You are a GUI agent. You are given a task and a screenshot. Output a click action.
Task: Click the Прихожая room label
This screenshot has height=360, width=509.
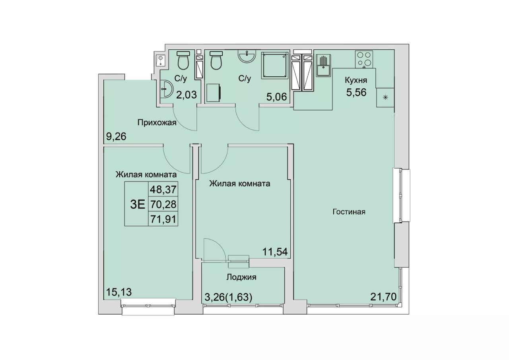coord(157,123)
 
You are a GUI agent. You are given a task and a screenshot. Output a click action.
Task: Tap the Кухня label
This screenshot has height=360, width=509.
coord(356,80)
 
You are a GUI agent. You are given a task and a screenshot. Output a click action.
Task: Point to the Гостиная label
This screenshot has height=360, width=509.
coord(349,212)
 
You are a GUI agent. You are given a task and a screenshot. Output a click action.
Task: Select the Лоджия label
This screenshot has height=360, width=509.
coord(241,277)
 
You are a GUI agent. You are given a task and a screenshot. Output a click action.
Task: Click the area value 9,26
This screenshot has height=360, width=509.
coord(116,137)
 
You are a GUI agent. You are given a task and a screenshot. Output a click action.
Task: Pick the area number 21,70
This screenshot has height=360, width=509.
coord(383,297)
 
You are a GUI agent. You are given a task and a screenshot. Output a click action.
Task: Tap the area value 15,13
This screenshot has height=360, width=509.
coord(119,292)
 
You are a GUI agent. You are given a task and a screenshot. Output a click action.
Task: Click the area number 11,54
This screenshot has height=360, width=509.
coord(275,252)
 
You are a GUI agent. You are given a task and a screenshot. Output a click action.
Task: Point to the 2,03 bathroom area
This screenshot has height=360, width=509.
coord(187,95)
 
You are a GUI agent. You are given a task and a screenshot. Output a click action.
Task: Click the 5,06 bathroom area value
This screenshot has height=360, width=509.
coord(276,97)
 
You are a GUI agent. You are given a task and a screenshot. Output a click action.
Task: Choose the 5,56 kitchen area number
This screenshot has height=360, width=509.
coord(356,93)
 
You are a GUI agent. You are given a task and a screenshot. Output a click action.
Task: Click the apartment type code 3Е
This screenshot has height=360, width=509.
coord(138,205)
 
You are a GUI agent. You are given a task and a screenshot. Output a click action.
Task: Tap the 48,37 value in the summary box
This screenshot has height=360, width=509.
coord(163,189)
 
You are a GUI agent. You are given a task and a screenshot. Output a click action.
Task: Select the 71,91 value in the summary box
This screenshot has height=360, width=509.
coord(163,220)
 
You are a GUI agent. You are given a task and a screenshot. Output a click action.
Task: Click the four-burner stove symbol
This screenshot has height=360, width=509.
coord(364,59)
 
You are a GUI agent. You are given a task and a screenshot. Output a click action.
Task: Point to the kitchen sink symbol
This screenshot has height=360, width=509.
coord(323,66)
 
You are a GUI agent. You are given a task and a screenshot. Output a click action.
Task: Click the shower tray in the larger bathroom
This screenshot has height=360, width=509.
coord(275,66)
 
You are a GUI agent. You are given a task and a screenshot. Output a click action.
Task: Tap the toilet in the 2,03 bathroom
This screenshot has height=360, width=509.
coord(183,60)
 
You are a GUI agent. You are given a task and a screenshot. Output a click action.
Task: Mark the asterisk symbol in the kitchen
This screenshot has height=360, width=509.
coord(385,98)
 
